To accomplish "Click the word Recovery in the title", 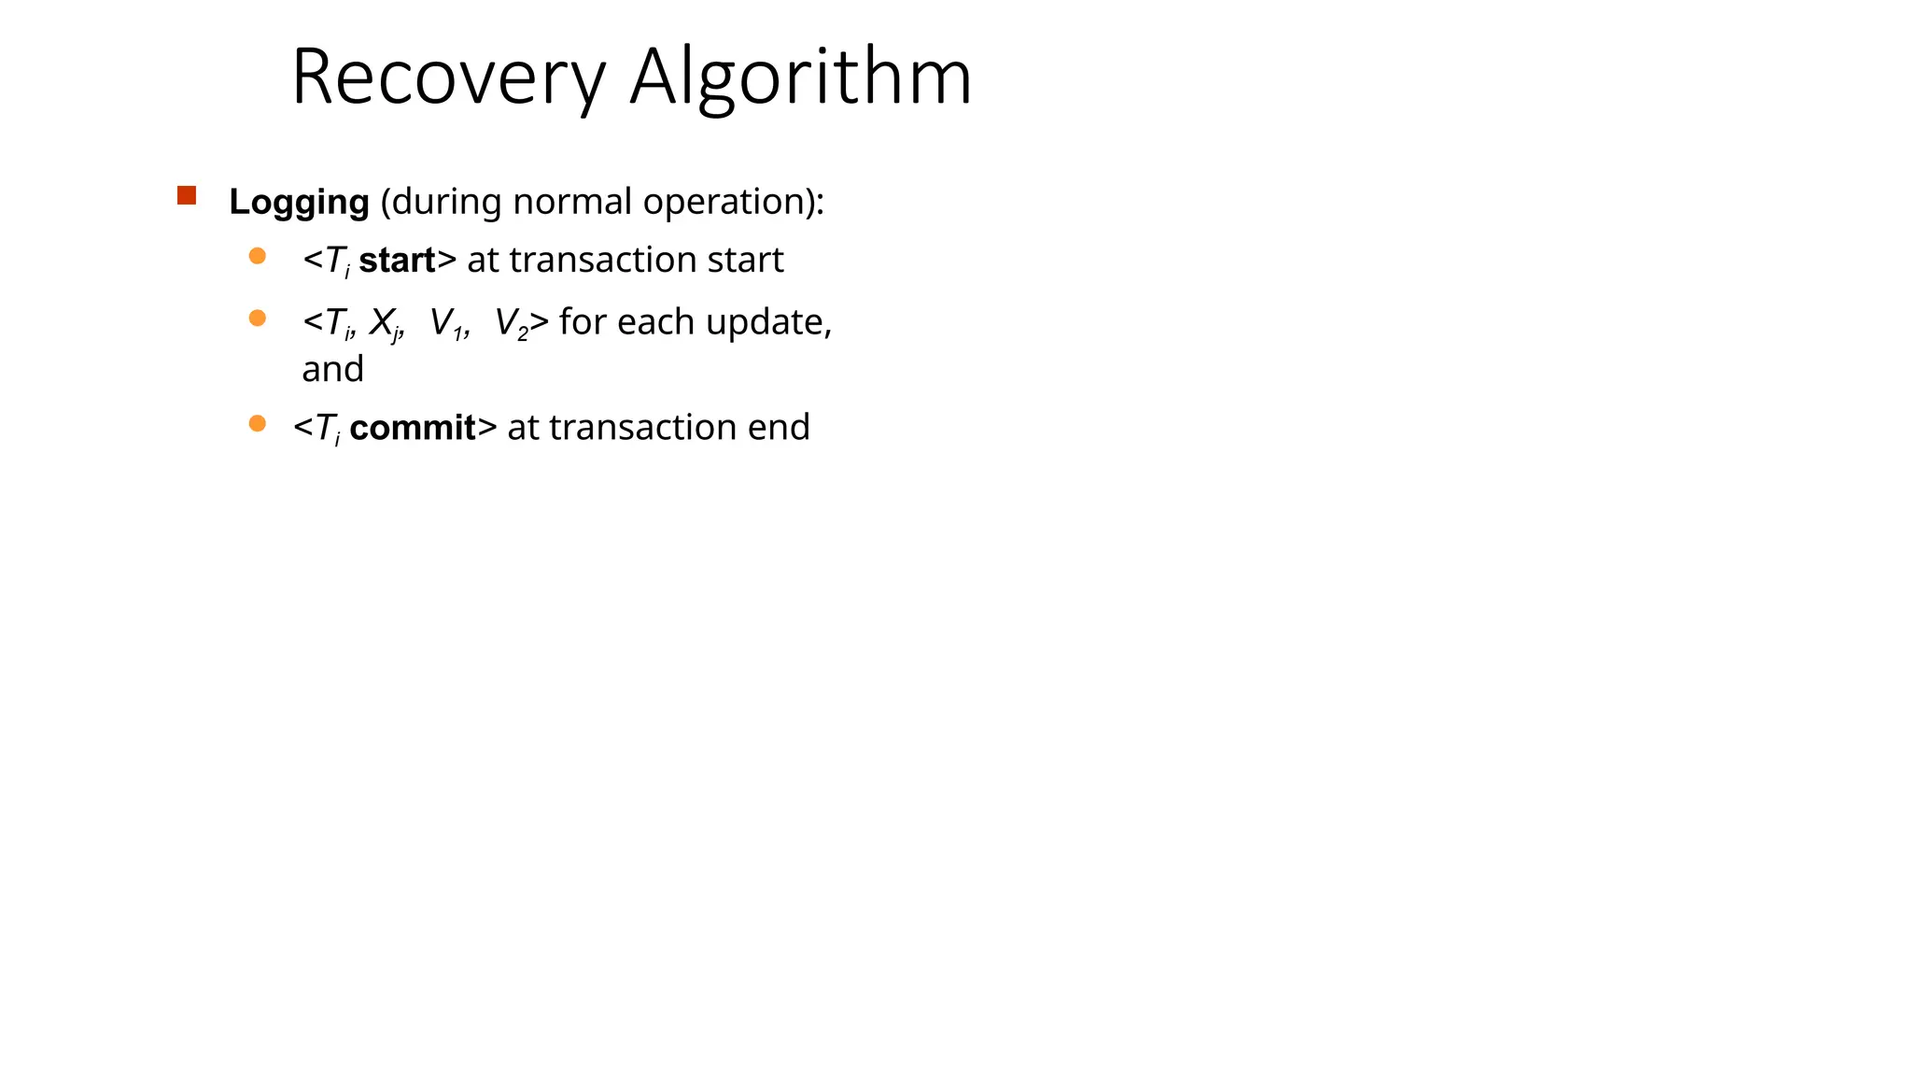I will click(x=448, y=78).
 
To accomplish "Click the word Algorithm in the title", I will click(x=800, y=78).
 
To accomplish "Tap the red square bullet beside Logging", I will click(x=187, y=195).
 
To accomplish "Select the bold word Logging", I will click(x=299, y=202).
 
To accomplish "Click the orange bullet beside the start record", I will click(x=258, y=256).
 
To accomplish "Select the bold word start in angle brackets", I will click(x=397, y=261).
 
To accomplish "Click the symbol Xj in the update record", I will click(x=384, y=323).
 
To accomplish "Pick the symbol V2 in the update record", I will click(x=511, y=323).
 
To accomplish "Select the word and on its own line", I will click(x=332, y=370).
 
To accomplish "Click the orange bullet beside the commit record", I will click(x=258, y=424).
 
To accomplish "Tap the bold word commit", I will click(x=413, y=428).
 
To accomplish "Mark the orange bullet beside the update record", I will click(x=258, y=319).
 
